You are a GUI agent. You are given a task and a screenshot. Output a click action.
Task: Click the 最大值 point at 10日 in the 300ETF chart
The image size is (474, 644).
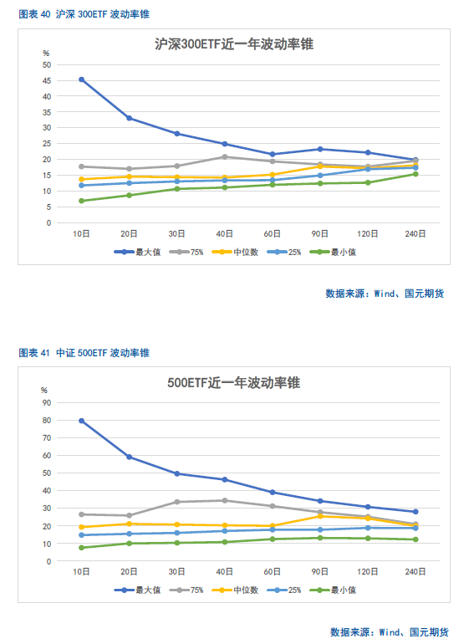click(x=82, y=79)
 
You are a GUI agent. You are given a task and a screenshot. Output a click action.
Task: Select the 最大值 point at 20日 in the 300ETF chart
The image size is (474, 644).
click(x=130, y=118)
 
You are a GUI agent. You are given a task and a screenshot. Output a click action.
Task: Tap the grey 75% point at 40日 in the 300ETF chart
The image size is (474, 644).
click(x=225, y=157)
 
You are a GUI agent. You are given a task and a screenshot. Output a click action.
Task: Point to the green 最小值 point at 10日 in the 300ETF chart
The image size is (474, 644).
click(x=82, y=201)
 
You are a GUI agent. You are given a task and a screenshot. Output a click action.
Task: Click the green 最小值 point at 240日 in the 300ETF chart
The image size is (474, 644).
click(x=415, y=174)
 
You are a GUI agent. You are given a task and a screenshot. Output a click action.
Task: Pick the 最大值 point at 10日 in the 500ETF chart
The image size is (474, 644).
click(x=82, y=421)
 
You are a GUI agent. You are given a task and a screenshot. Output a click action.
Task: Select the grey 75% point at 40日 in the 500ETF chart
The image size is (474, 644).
click(x=225, y=501)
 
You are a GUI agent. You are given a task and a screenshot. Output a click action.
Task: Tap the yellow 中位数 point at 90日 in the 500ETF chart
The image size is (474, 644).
click(x=320, y=516)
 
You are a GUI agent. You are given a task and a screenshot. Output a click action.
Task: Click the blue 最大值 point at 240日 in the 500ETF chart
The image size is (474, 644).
click(x=415, y=512)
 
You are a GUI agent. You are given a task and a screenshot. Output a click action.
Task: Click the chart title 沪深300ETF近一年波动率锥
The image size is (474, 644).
click(x=234, y=44)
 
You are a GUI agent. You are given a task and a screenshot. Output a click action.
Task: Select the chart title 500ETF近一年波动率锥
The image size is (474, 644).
click(x=233, y=383)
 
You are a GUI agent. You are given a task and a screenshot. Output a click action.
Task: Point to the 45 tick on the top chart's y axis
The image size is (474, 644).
click(x=47, y=81)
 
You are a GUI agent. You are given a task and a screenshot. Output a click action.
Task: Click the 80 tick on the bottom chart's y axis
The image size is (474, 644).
click(x=47, y=421)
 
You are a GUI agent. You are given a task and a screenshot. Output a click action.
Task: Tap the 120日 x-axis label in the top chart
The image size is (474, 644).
click(x=368, y=233)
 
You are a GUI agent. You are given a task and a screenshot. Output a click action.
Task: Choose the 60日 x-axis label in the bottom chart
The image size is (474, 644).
click(x=272, y=572)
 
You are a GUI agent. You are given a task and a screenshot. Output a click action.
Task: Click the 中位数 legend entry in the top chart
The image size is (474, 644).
click(x=235, y=253)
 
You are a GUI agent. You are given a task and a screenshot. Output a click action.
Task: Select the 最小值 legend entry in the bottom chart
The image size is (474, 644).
click(x=333, y=590)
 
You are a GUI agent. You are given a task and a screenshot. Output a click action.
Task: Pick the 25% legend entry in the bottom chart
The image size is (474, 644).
click(x=284, y=590)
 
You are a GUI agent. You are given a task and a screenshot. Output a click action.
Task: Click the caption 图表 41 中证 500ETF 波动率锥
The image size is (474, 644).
click(x=84, y=353)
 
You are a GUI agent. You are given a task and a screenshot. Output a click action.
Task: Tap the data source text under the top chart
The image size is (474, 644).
click(x=385, y=294)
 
